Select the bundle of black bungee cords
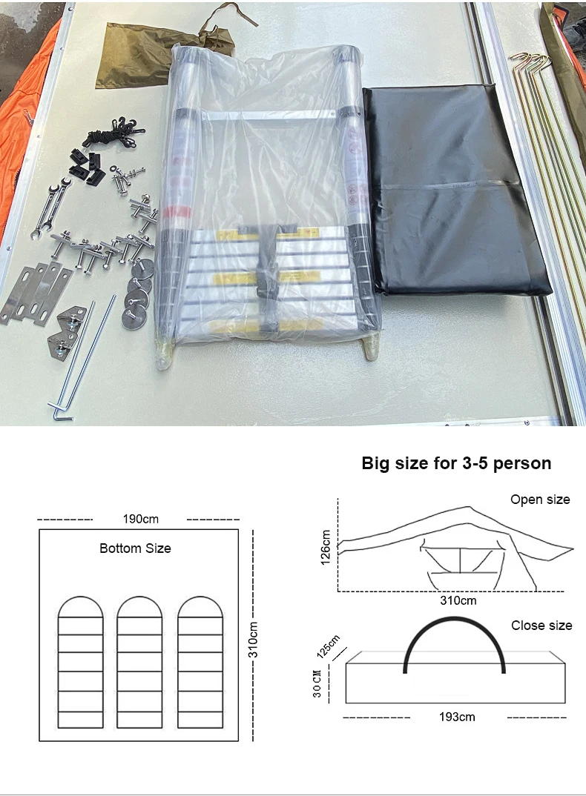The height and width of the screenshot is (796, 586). coord(108,134)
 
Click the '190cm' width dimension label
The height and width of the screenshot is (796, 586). coord(140,519)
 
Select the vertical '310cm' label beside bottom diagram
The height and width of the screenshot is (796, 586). coord(253,634)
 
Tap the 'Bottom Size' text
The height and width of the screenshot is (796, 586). coord(135,548)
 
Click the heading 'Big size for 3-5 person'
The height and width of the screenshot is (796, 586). coord(456,464)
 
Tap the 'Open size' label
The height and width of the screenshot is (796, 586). coord(540,500)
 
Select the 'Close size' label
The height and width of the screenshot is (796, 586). coord(541,626)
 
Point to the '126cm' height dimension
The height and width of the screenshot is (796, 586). coord(325,547)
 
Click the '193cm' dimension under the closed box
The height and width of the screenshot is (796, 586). coord(457,717)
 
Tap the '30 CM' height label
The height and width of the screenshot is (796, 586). coord(317,682)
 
